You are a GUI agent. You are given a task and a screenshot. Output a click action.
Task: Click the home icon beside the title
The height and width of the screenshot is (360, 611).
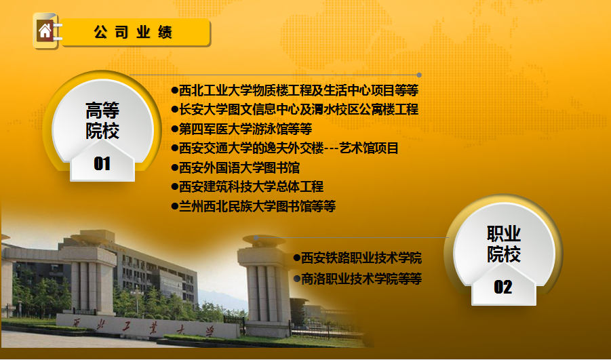click(x=45, y=31)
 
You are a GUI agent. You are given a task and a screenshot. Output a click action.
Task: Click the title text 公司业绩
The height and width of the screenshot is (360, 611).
click(x=133, y=32)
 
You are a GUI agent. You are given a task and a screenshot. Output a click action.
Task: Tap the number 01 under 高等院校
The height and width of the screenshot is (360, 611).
click(x=102, y=163)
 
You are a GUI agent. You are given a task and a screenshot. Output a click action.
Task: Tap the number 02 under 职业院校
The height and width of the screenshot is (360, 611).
click(x=503, y=287)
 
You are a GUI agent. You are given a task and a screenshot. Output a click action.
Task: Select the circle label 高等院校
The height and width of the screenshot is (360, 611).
click(x=102, y=121)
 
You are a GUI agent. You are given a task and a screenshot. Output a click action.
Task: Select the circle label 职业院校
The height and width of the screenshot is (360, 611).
click(x=504, y=244)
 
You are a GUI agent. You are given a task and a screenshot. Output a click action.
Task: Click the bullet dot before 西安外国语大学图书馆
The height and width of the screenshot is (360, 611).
click(x=174, y=168)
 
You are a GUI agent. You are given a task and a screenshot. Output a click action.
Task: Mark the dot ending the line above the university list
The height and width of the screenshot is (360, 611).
click(x=419, y=75)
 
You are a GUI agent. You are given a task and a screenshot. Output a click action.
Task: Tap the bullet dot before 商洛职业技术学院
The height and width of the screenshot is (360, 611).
click(x=297, y=279)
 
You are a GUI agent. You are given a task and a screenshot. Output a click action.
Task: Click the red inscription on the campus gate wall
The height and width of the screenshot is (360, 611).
click(x=144, y=327)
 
